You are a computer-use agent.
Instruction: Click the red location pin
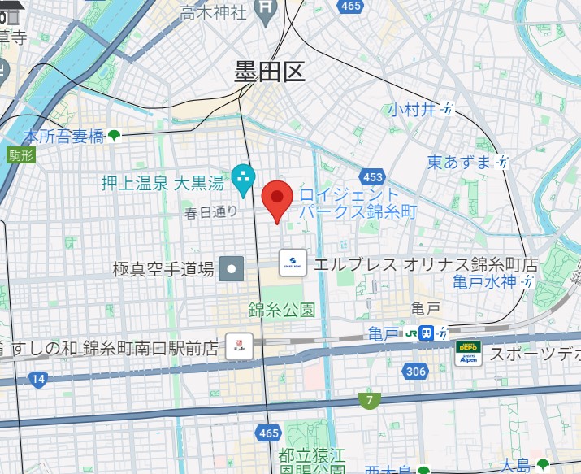point(278,198)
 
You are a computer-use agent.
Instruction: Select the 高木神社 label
point(213,12)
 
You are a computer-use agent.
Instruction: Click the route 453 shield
point(374,177)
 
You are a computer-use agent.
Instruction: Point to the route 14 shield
point(37,378)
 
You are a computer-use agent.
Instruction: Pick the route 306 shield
point(414,372)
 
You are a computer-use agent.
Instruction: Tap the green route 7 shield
point(370,400)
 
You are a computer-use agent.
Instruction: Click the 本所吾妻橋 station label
point(63,136)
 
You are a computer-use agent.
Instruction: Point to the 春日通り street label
point(211,213)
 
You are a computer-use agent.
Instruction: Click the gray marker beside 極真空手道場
point(232,267)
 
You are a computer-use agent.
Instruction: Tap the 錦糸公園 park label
point(281,309)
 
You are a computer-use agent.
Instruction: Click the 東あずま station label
point(460,162)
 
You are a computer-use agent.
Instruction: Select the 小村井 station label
point(413,110)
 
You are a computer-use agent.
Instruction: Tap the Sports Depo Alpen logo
point(467,354)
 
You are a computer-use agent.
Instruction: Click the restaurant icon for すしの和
point(239,346)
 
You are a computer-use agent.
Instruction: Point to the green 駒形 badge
point(22,155)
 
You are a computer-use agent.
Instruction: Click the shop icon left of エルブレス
point(293,263)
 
